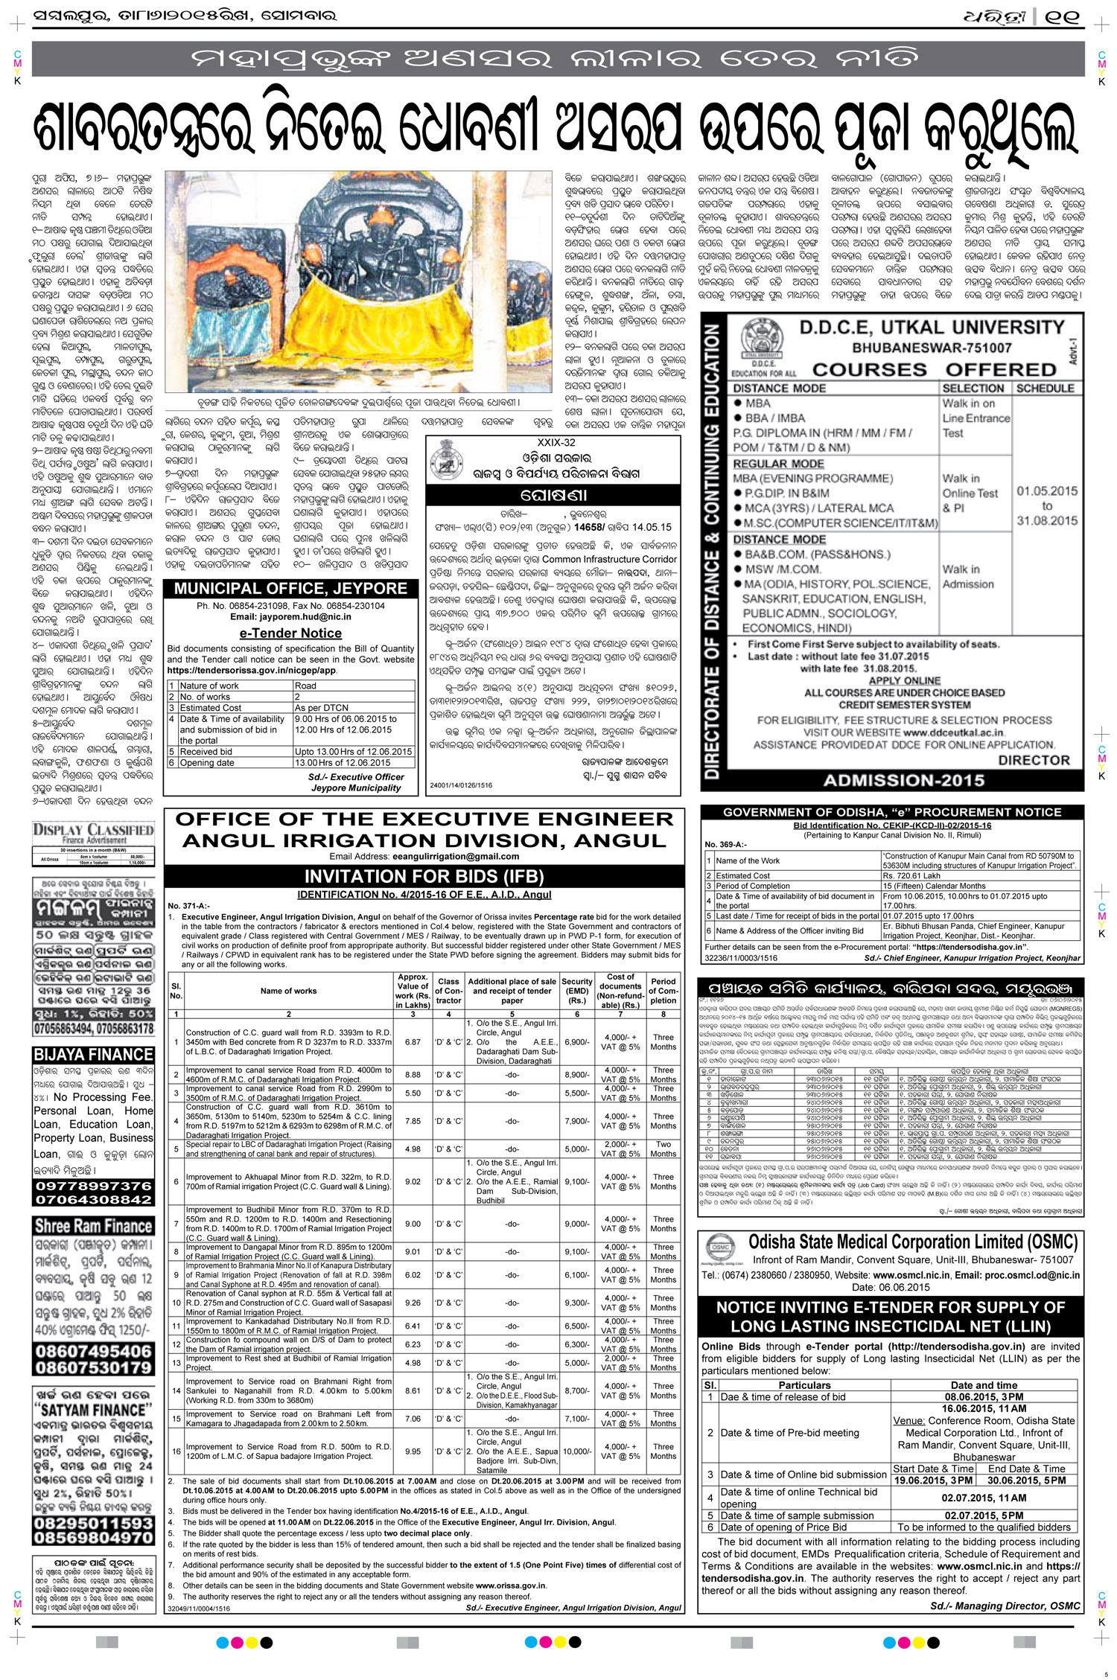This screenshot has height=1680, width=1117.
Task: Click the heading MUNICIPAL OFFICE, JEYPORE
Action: (x=290, y=589)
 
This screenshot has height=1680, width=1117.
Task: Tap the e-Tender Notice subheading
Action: (x=290, y=633)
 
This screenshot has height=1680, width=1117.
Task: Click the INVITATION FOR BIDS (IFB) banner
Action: (x=424, y=876)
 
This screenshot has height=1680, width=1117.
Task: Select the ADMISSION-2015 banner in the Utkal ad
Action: (x=903, y=781)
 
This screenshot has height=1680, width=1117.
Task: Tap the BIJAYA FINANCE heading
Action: (x=94, y=1055)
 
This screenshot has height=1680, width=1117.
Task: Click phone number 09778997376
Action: (x=93, y=1186)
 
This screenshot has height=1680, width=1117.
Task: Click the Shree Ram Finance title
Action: (x=93, y=1227)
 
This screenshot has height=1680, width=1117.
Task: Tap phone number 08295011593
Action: (x=93, y=1519)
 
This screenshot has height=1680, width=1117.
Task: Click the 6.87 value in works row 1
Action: (x=413, y=1042)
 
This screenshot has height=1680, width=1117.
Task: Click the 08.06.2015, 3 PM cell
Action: (x=984, y=1397)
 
